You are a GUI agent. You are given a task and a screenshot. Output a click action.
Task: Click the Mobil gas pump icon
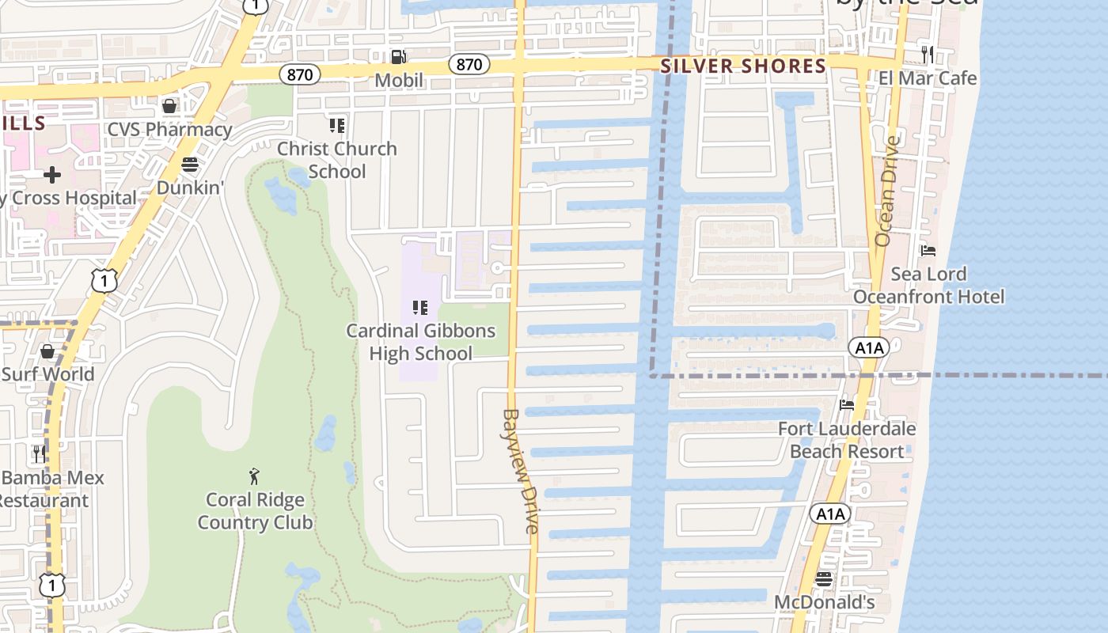(399, 56)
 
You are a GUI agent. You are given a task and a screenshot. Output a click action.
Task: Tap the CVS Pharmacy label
(169, 129)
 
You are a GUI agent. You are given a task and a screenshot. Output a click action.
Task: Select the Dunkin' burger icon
(189, 165)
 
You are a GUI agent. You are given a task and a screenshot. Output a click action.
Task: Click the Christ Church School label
(337, 160)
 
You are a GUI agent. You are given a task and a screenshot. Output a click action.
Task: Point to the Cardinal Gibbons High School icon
(420, 307)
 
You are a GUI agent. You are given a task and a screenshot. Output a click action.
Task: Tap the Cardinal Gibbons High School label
(421, 342)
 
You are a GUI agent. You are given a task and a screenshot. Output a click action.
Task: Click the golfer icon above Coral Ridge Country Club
(254, 476)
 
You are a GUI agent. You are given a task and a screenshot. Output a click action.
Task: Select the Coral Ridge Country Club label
(255, 511)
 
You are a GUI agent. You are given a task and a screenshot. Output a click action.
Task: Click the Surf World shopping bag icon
(47, 351)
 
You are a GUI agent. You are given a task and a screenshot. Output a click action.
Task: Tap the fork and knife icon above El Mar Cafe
(928, 54)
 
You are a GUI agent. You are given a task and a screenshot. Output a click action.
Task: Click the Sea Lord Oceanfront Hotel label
(928, 286)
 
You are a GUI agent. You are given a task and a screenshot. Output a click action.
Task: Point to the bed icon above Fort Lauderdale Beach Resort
(847, 405)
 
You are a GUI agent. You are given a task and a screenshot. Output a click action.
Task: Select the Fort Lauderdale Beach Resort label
(847, 440)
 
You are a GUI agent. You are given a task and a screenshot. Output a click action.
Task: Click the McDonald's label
(824, 602)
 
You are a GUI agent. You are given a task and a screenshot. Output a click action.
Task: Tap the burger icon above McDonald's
(824, 579)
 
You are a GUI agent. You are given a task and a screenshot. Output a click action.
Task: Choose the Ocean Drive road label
(888, 191)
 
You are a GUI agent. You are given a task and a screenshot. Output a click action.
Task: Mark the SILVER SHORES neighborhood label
(743, 66)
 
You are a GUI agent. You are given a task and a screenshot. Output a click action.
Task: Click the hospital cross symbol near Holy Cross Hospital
(52, 174)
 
